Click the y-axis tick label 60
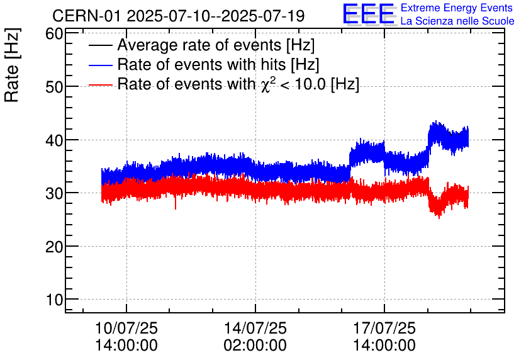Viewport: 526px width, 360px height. coord(53,34)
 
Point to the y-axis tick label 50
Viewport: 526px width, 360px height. coord(53,87)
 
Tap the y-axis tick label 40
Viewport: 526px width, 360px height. coord(53,140)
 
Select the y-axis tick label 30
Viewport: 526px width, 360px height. coord(53,193)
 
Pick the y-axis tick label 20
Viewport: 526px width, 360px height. coord(53,246)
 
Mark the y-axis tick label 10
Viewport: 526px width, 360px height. coord(53,300)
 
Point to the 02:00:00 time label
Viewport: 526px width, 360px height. coord(255,346)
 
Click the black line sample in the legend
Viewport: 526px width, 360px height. coord(101,45)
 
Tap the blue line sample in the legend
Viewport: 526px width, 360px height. coord(101,65)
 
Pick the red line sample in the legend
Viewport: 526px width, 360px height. coord(101,84)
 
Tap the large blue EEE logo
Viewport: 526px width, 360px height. coord(369,14)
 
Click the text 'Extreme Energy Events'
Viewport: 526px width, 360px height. coord(457,8)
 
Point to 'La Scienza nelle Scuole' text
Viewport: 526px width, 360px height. coord(457,21)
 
